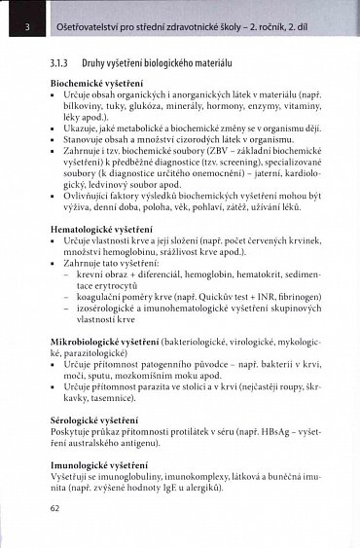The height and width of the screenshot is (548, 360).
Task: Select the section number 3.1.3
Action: [x=60, y=61]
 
